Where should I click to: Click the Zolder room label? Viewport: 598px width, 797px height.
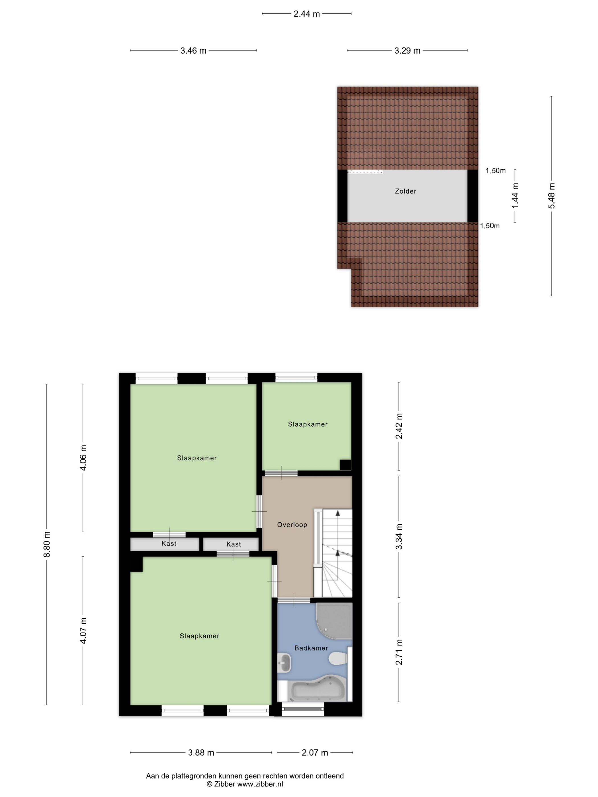coord(405,191)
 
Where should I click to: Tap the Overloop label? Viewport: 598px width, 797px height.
coord(292,525)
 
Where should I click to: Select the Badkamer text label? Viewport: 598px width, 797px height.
coord(311,648)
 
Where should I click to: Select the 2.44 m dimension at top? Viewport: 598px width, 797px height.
coord(306,14)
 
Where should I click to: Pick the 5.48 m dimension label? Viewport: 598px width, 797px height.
coord(552,196)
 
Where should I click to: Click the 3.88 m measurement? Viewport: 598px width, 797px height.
coord(201,753)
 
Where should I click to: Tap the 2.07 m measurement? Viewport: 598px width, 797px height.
coord(315,753)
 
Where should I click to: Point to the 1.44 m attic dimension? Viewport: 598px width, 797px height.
coord(515,195)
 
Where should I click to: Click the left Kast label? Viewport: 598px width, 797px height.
coord(169,543)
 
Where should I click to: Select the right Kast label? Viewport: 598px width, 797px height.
coord(234,544)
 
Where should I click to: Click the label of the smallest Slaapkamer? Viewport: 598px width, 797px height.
coord(308,424)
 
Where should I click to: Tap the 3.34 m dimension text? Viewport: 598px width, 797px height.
coord(399,537)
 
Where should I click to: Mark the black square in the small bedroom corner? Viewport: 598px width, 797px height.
coord(345,465)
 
